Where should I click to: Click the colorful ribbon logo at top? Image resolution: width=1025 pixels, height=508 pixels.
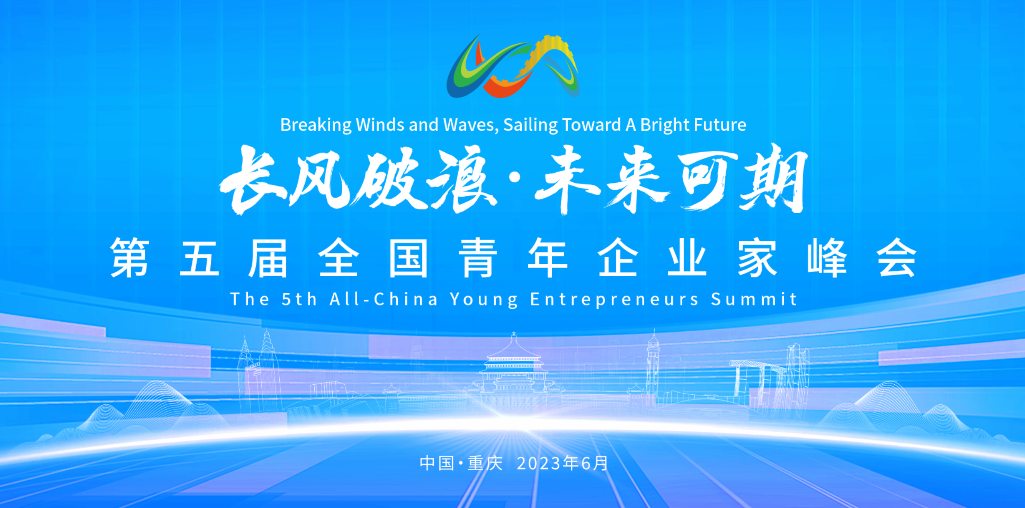click(x=513, y=66)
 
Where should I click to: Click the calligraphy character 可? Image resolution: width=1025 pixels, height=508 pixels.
click(x=707, y=181)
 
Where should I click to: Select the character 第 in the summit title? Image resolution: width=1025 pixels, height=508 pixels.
click(x=130, y=257)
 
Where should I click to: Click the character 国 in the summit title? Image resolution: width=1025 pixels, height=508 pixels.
click(x=408, y=257)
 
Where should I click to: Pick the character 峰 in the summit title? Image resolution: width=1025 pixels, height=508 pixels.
click(x=827, y=257)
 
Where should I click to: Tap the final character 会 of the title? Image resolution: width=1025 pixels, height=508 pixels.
click(x=897, y=257)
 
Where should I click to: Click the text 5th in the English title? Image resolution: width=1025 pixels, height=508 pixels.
click(x=299, y=299)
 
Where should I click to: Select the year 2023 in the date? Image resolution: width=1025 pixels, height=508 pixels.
click(x=539, y=463)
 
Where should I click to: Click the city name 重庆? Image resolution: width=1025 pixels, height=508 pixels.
click(x=486, y=463)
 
